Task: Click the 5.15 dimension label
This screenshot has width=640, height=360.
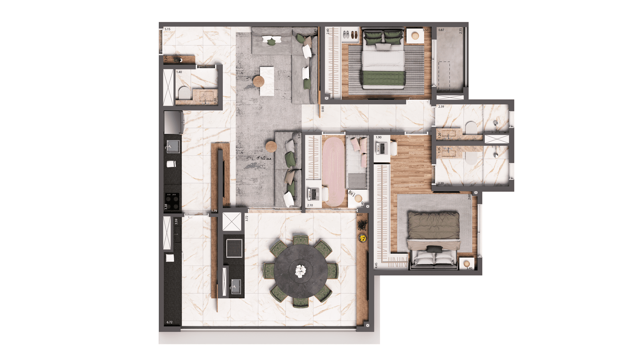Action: pos(167,29)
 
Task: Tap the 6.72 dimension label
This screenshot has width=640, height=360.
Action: pos(170,322)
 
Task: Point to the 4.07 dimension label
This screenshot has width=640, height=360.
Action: pos(360,215)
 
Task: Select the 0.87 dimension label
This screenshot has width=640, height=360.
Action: pos(441,30)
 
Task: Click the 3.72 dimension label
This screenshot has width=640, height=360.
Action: pos(247,219)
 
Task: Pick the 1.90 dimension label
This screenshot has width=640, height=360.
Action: pos(379,137)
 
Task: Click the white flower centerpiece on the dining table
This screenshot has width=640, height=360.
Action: pos(300,271)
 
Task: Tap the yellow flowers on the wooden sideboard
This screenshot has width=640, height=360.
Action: pos(363,238)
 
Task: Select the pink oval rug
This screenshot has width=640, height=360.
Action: pos(334,171)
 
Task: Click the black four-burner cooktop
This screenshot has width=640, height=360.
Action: pos(172,201)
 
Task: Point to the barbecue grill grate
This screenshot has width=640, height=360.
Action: pos(234,248)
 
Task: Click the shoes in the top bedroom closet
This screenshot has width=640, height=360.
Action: pos(350,35)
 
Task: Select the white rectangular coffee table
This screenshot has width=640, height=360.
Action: pos(267,81)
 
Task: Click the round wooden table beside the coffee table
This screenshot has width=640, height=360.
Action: pos(259,81)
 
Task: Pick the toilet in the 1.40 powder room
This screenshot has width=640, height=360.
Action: pos(184,93)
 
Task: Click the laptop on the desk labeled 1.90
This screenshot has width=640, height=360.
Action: pos(381,148)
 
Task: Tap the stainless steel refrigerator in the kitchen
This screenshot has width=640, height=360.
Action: pos(173,122)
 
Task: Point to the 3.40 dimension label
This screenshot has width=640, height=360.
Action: pos(469,268)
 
